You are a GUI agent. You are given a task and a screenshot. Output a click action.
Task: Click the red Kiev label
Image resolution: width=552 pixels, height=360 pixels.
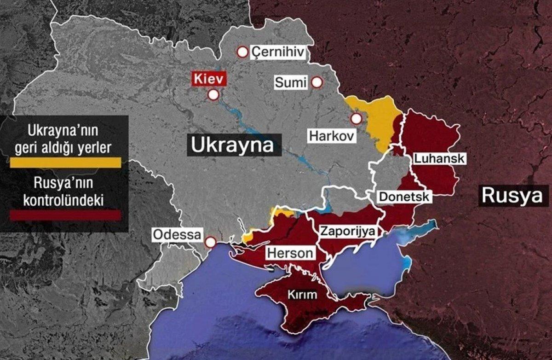[209, 79]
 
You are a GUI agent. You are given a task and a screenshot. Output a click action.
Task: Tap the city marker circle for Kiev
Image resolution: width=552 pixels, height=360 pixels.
[213, 95]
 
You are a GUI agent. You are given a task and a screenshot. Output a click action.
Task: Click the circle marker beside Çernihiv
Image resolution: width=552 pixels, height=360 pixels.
[242, 52]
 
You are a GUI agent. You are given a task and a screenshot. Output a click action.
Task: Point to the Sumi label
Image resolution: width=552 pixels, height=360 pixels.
[291, 83]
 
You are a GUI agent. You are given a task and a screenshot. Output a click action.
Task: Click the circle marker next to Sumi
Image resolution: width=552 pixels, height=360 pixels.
[316, 82]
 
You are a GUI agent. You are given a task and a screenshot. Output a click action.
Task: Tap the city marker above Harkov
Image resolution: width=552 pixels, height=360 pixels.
[356, 119]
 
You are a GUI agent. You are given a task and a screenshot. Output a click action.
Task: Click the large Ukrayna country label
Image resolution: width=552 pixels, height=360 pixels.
[232, 145]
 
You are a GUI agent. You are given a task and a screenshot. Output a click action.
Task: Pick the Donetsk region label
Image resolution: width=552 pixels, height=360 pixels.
[404, 197]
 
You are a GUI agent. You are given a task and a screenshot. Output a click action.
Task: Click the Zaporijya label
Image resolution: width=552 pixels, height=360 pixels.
[348, 231]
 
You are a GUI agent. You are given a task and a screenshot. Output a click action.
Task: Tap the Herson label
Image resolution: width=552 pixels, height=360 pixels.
[291, 253]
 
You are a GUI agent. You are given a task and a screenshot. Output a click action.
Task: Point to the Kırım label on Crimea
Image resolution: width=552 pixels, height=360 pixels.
[302, 295]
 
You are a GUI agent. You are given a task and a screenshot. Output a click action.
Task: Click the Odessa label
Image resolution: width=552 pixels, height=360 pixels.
[177, 235]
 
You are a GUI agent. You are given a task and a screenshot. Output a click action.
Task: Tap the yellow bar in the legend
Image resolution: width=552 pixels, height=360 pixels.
[65, 162]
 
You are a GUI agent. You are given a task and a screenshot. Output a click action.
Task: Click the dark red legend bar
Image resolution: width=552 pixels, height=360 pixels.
[65, 215]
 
